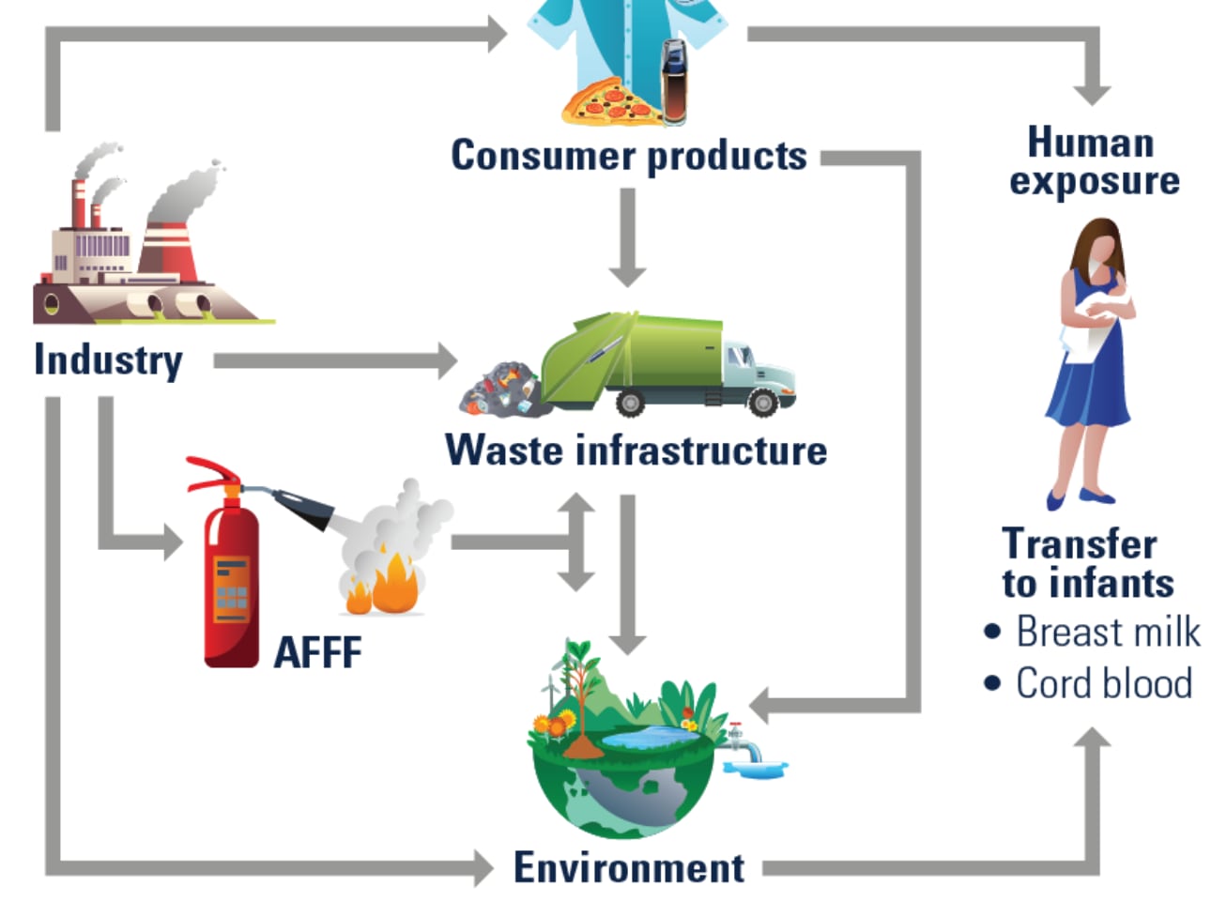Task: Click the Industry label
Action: (x=108, y=359)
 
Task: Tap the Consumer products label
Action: (x=628, y=156)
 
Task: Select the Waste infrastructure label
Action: (x=636, y=450)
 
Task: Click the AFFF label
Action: (x=317, y=651)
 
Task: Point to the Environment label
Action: (x=628, y=867)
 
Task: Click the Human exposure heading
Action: (x=1093, y=161)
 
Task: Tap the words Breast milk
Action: (x=1108, y=632)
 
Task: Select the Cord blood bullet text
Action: (x=1104, y=683)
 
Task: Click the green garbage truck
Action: (x=657, y=361)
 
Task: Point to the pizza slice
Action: (x=608, y=102)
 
